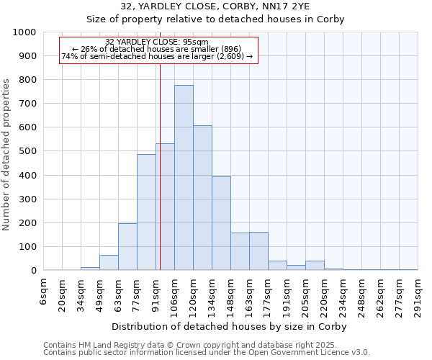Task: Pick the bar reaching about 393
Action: (x=221, y=223)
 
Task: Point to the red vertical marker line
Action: (x=160, y=180)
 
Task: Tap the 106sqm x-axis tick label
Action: (x=174, y=295)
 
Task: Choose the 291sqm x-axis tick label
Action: (x=418, y=295)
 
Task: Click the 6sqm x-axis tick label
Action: (x=44, y=291)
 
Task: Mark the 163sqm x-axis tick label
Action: (x=249, y=295)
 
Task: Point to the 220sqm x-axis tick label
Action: (x=324, y=295)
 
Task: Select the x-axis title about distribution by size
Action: (x=230, y=326)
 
